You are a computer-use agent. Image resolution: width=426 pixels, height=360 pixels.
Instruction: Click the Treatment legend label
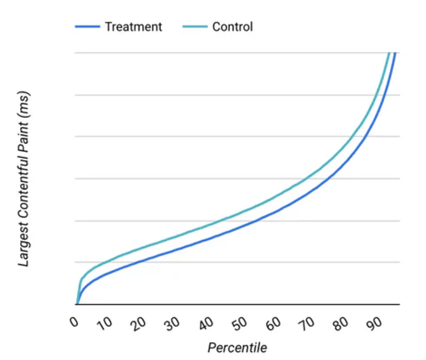click(133, 27)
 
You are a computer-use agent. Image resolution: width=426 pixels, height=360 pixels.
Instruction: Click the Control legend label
click(232, 27)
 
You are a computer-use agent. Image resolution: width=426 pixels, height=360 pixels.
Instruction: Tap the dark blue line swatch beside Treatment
click(87, 27)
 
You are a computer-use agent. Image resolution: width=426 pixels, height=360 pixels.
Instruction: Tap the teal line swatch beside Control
click(195, 27)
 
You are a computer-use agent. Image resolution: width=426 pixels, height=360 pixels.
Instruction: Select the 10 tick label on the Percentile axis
click(105, 323)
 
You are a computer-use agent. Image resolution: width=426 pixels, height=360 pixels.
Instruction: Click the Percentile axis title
click(237, 347)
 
